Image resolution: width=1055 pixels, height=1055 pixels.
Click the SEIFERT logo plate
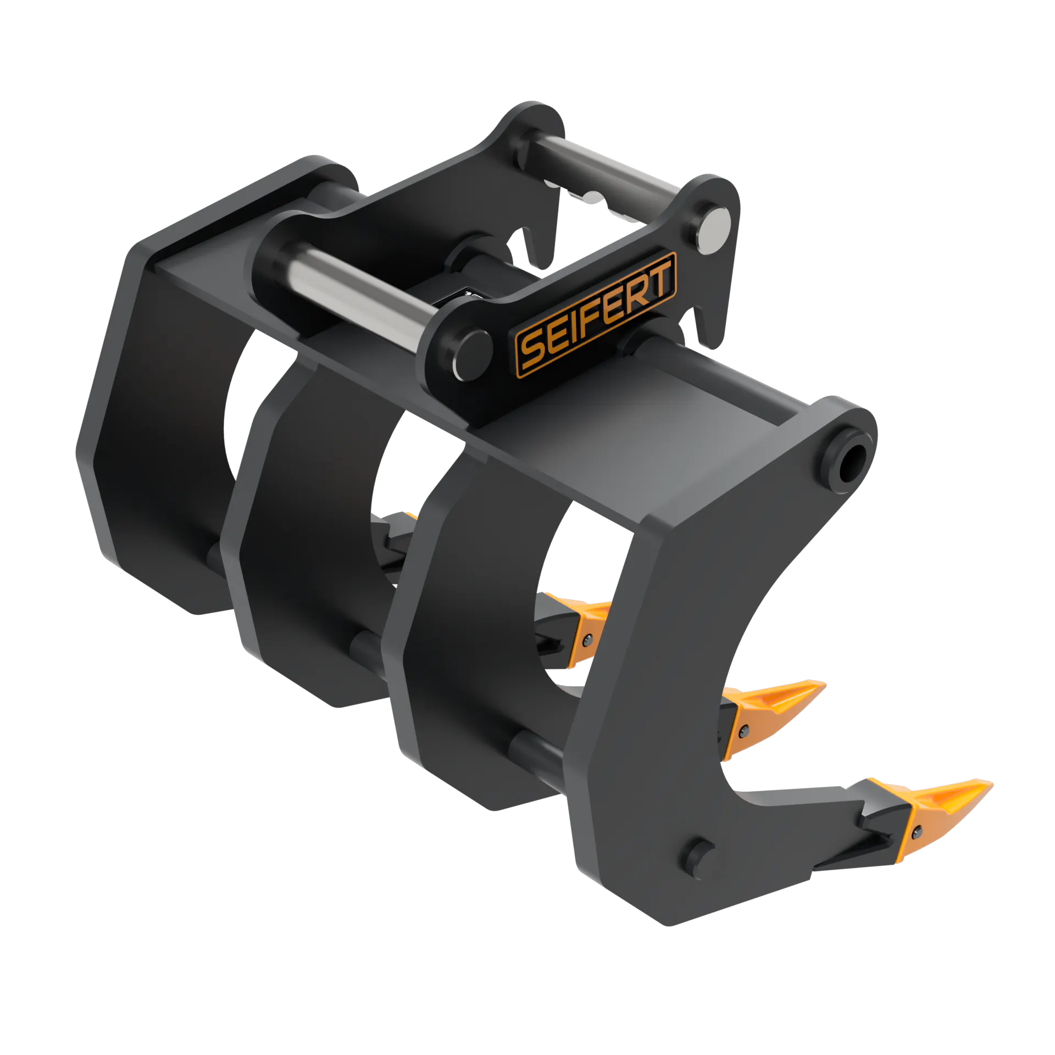(x=596, y=315)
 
